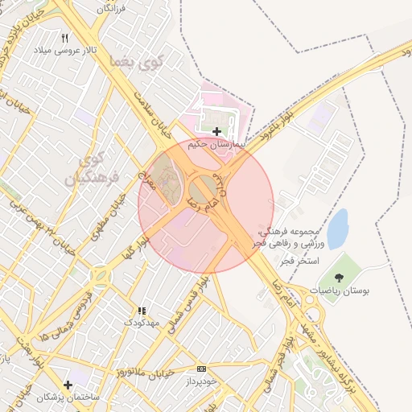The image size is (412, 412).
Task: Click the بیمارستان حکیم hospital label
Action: coord(216,145)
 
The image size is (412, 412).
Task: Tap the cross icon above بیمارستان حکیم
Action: coord(216,130)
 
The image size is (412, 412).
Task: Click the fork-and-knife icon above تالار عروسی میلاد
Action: coord(65,37)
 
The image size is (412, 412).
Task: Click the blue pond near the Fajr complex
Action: coord(338,229)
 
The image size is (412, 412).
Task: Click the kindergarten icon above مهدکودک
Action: coord(142,310)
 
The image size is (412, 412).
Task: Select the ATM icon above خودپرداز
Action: coord(201,369)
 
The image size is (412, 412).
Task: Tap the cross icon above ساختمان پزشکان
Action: coord(68,385)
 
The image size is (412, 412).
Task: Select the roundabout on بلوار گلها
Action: coord(101,277)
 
